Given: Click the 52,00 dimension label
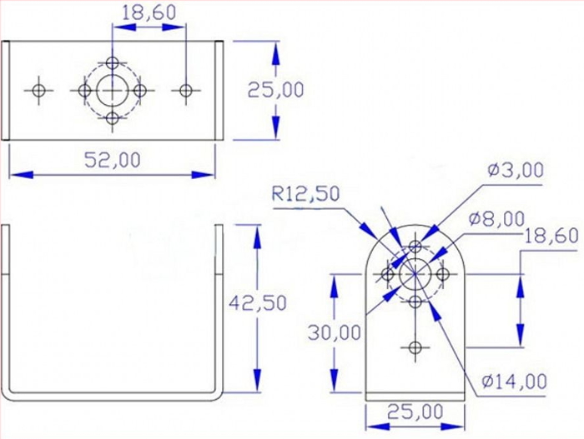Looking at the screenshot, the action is pos(113,160).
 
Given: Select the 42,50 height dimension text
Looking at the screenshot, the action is pos(257,303).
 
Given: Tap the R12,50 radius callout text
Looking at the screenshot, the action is pos(306,193).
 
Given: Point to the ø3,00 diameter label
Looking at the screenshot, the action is pos(516,170).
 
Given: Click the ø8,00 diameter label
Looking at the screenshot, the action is pos(497,219).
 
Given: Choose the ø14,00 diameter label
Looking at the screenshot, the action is pos(514,381).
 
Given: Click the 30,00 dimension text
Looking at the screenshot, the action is pos(335,332).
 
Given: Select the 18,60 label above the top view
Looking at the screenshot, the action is pos(149,12).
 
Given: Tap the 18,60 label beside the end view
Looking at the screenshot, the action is pos(551,236).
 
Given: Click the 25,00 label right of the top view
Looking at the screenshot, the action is pos(275,90).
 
